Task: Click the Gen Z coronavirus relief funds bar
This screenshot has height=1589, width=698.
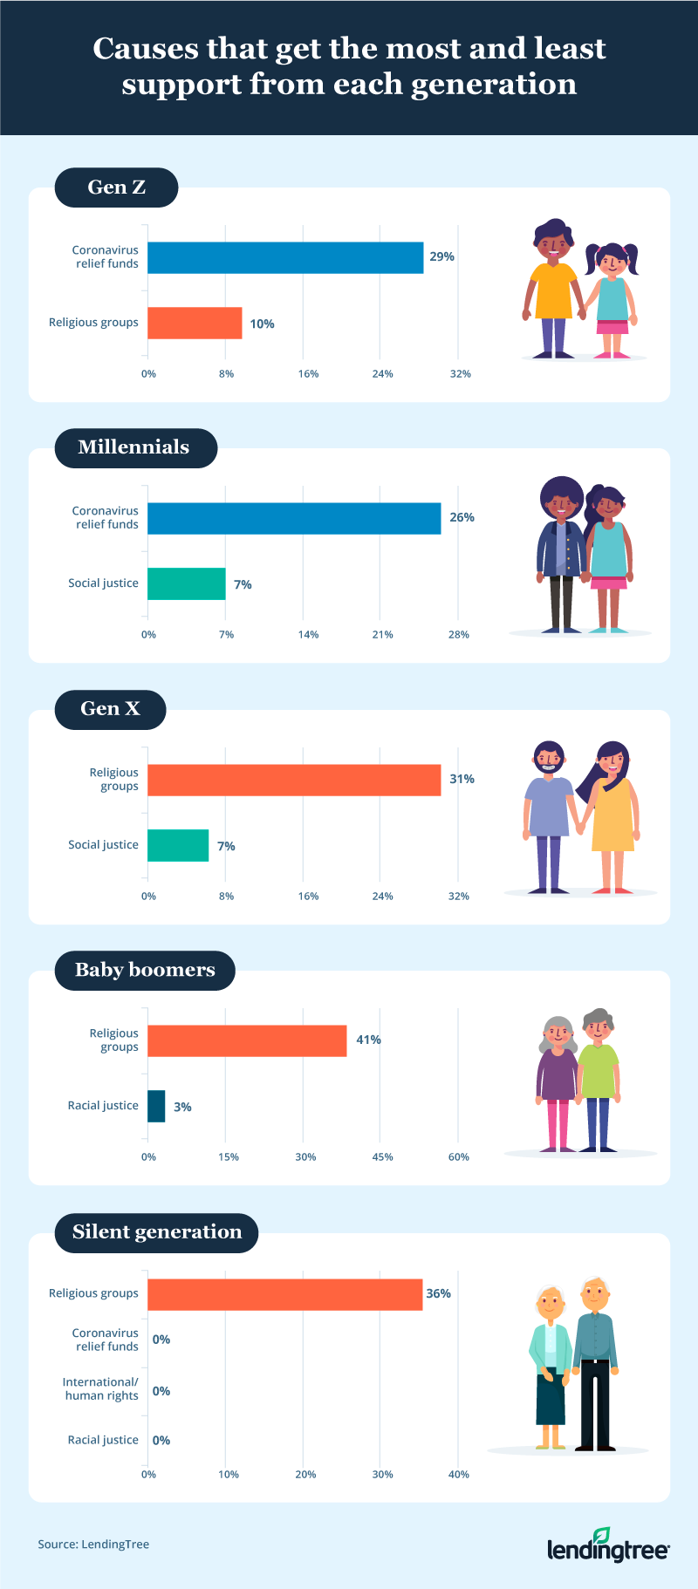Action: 285,257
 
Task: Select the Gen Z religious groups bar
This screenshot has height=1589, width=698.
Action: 195,323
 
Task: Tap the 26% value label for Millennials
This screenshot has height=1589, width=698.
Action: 462,517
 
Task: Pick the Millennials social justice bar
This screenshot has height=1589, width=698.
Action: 186,583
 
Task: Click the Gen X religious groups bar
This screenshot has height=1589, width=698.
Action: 294,780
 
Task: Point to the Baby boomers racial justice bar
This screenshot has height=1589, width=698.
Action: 156,1106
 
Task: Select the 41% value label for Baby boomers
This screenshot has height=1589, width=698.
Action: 368,1040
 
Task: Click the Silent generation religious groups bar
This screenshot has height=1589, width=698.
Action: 284,1294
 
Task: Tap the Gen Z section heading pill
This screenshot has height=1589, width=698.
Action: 116,188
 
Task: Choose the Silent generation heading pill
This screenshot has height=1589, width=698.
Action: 157,1232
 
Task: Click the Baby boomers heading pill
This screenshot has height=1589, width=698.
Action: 145,970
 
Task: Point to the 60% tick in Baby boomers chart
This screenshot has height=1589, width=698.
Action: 459,1156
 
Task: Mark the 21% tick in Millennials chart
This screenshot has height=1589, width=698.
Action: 383,634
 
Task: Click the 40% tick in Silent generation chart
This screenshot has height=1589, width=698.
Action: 459,1474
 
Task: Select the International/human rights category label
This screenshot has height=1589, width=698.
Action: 100,1388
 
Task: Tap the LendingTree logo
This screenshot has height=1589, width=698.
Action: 607,1545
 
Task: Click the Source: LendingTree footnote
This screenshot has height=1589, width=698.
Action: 93,1544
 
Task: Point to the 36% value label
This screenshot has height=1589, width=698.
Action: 438,1293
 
